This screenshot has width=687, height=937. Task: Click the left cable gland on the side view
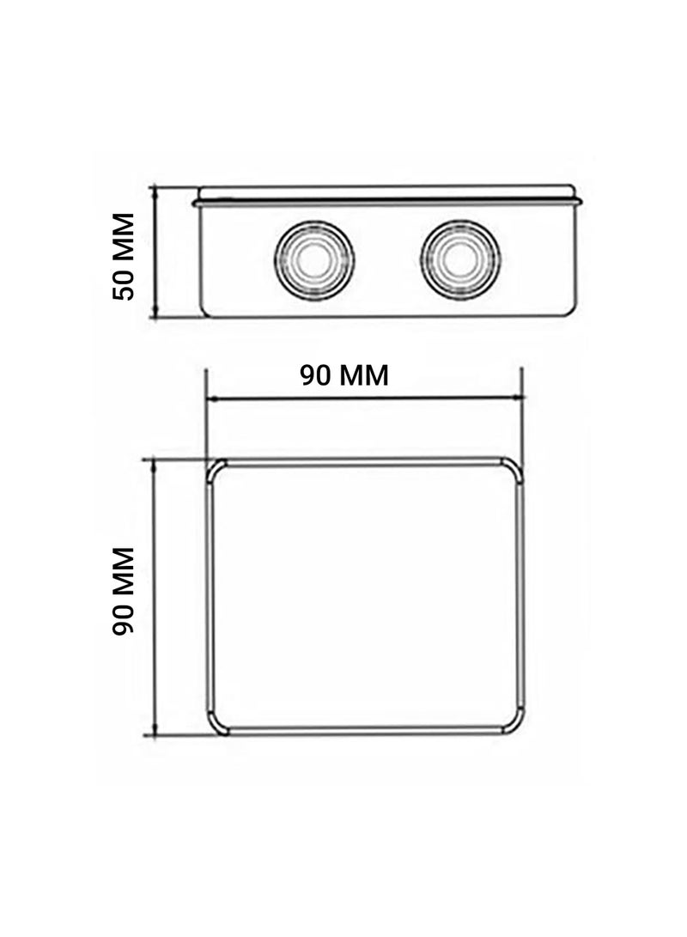tap(313, 258)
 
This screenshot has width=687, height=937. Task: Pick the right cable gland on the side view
tap(462, 258)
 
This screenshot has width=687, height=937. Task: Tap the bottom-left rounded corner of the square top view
tap(216, 723)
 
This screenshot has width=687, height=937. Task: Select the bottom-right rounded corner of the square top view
tap(513, 723)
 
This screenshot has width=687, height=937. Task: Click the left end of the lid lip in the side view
tap(197, 203)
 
